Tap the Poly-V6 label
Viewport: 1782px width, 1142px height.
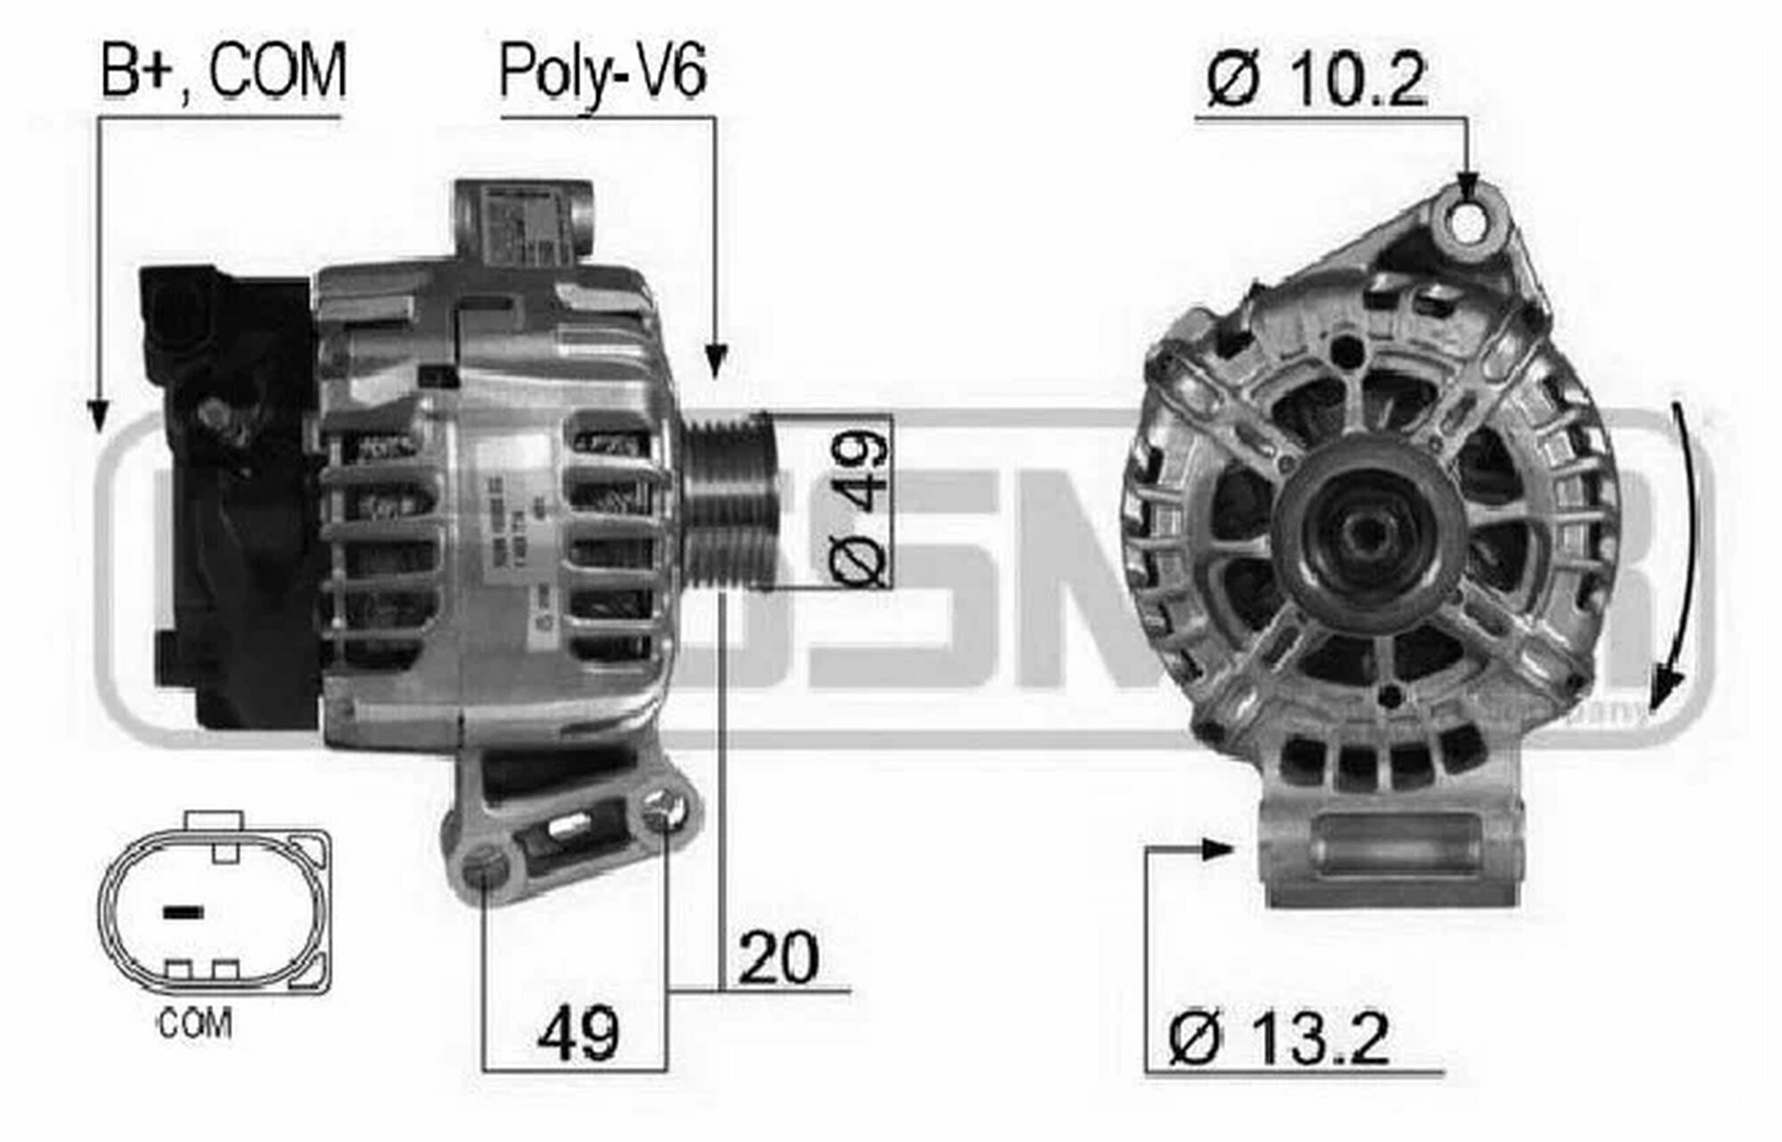coord(603,73)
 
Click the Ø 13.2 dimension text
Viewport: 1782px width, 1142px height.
coord(1279,1039)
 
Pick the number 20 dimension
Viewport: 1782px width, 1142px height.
coord(777,958)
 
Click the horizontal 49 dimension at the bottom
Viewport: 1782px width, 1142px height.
coord(576,1033)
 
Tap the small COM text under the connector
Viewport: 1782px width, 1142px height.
coord(195,1024)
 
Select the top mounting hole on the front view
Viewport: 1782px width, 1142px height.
coord(1467,222)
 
